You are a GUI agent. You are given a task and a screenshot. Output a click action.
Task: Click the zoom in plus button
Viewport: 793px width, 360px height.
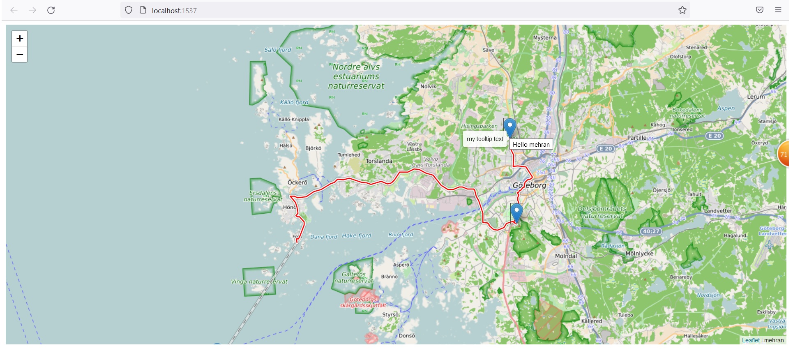pyautogui.click(x=19, y=39)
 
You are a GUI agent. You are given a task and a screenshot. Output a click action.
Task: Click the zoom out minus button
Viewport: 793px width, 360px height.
pyautogui.click(x=19, y=55)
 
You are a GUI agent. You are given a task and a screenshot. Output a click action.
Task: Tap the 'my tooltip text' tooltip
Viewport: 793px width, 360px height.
pyautogui.click(x=485, y=139)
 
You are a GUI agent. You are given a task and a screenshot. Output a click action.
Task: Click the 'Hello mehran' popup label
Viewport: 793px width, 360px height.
pyautogui.click(x=531, y=145)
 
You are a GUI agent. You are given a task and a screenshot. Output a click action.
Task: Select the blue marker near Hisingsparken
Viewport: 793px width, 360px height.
pyautogui.click(x=509, y=127)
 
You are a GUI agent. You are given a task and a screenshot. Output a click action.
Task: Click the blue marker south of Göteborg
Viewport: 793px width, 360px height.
pyautogui.click(x=516, y=212)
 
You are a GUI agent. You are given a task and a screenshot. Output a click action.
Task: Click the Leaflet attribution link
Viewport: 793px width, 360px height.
pyautogui.click(x=750, y=340)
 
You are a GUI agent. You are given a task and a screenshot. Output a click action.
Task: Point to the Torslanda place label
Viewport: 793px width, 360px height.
pyautogui.click(x=379, y=161)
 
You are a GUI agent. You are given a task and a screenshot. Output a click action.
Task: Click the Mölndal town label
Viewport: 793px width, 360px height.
pyautogui.click(x=566, y=256)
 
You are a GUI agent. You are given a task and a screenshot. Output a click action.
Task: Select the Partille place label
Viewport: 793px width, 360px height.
pyautogui.click(x=636, y=138)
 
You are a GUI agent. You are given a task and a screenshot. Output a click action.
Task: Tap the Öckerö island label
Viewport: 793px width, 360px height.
pyautogui.click(x=297, y=182)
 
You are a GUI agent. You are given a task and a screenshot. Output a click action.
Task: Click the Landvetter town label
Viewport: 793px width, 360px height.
pyautogui.click(x=718, y=211)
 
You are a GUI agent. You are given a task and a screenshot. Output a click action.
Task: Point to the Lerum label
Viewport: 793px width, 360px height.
pyautogui.click(x=756, y=97)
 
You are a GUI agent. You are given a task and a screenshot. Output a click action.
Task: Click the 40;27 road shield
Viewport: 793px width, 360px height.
pyautogui.click(x=651, y=231)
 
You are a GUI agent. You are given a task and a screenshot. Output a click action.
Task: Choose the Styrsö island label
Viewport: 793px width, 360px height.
pyautogui.click(x=390, y=315)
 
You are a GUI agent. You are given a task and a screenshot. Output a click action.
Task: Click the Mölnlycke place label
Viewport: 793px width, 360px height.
pyautogui.click(x=639, y=254)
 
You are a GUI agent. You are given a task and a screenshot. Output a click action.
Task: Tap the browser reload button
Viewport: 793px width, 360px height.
pyautogui.click(x=51, y=10)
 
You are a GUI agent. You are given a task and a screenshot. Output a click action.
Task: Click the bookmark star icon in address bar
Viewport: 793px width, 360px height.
pyautogui.click(x=682, y=10)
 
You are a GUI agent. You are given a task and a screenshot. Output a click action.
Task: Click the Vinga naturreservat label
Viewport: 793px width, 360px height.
pyautogui.click(x=259, y=282)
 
